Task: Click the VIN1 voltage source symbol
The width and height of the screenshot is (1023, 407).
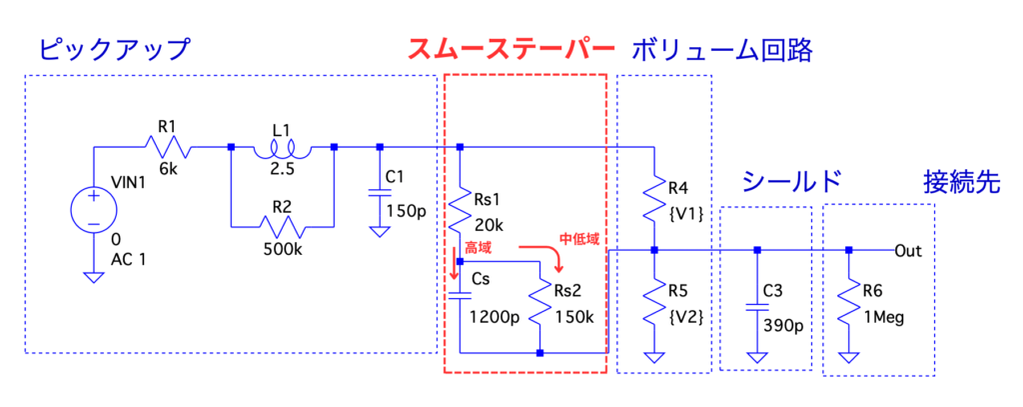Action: pos(92,210)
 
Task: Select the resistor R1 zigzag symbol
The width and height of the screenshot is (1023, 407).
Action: pos(166,147)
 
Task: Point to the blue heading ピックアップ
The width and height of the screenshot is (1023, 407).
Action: pos(112,49)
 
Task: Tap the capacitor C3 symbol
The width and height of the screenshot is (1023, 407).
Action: pos(757,302)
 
